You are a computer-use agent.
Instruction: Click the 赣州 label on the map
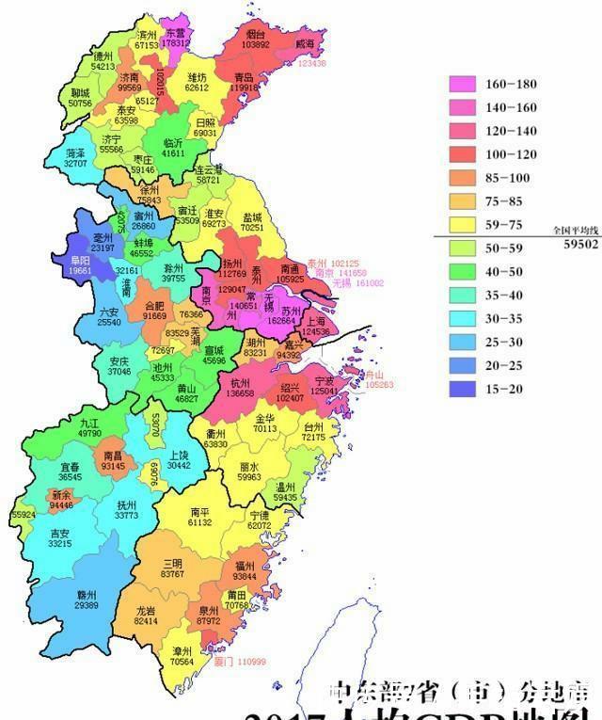87,596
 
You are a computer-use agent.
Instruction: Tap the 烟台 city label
256,33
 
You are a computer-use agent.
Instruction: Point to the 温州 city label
286,487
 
